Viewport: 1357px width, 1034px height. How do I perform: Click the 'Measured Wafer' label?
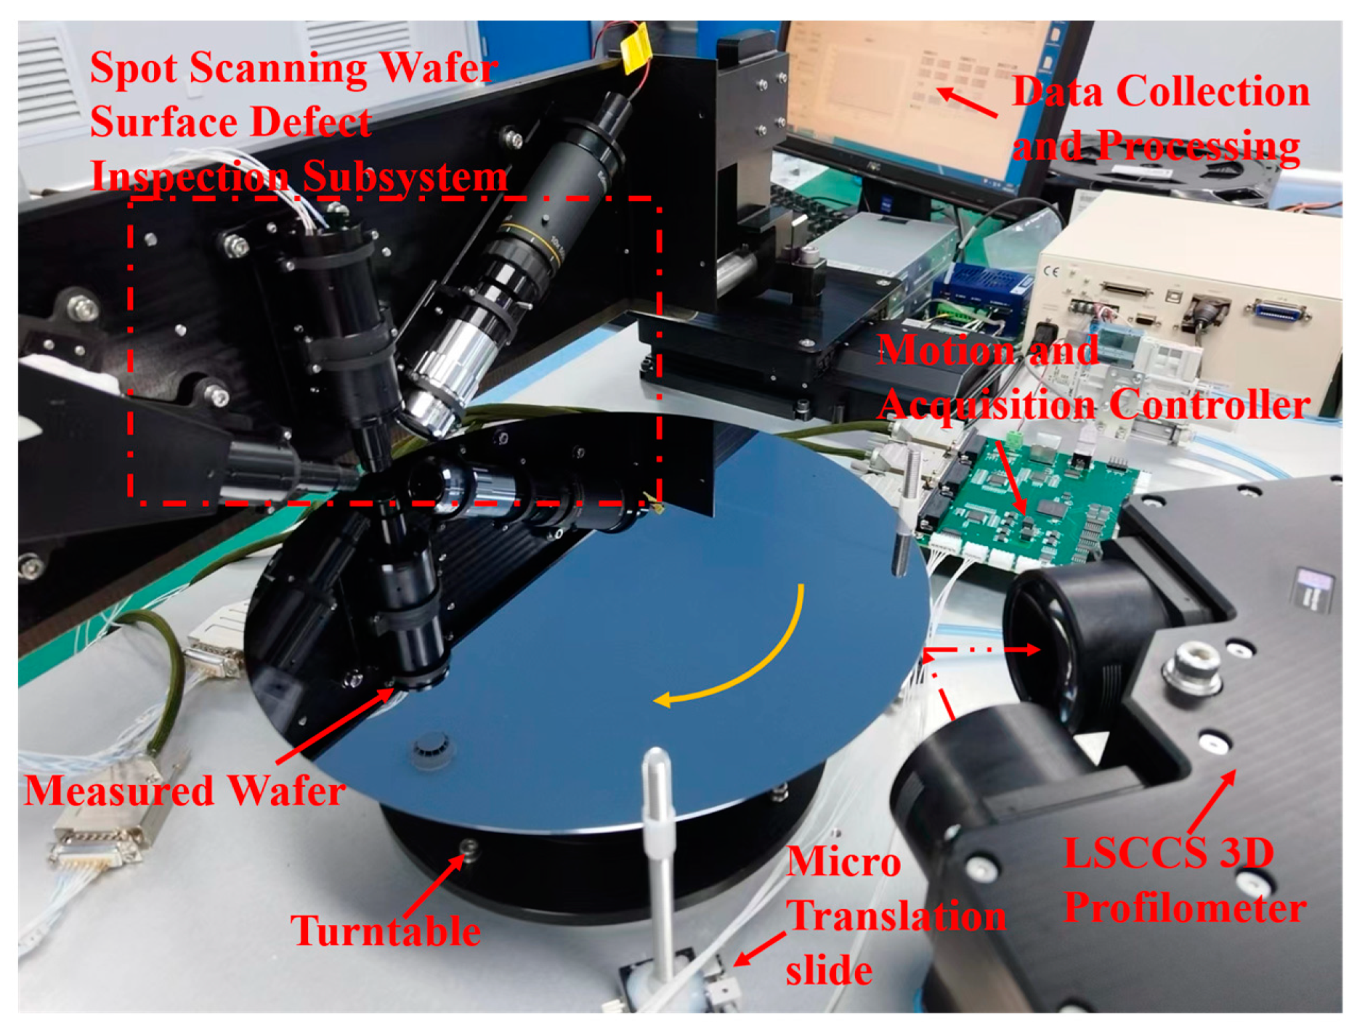click(x=185, y=791)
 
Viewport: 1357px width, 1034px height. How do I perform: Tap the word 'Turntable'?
click(x=386, y=930)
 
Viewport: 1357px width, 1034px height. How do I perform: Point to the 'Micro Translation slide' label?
click(x=894, y=917)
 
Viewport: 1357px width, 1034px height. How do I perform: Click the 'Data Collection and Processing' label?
click(x=1160, y=118)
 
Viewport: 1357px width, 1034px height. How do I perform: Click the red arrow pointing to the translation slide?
click(x=758, y=950)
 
